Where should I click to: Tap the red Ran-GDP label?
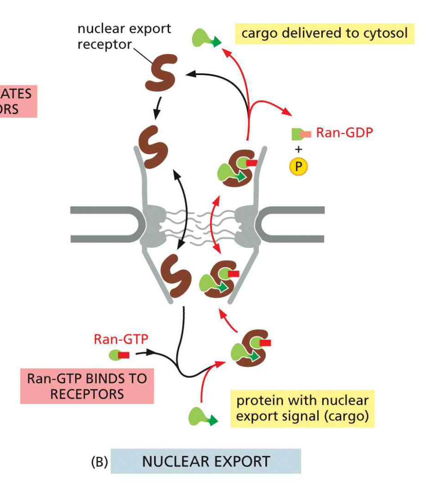coord(344,133)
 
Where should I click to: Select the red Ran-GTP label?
coord(121,339)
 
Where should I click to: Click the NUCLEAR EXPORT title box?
coord(206,461)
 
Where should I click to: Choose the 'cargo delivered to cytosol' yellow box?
coord(324,33)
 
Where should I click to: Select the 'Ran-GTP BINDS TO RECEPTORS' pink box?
coord(87,386)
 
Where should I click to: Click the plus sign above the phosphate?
coord(298,149)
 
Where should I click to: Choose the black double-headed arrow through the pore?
coord(184,208)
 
